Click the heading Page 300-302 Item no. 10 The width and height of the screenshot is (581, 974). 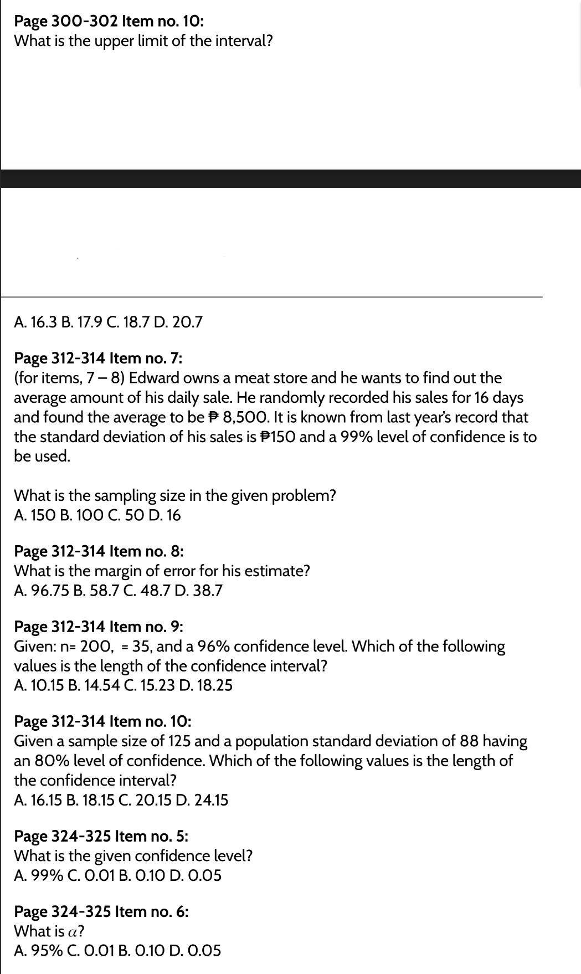pos(108,22)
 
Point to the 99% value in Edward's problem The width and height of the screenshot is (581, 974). pos(345,437)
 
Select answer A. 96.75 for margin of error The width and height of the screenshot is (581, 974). pos(39,591)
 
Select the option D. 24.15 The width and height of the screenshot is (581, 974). pos(204,801)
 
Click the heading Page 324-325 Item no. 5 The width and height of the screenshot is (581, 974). pos(101,836)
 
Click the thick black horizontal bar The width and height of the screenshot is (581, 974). pos(290,178)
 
